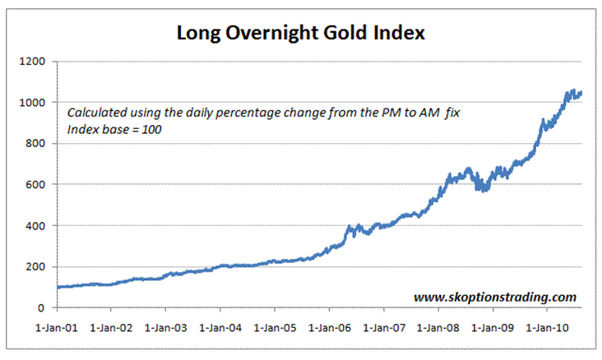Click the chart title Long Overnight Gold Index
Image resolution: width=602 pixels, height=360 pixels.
[301, 34]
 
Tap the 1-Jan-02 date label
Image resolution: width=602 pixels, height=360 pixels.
[112, 326]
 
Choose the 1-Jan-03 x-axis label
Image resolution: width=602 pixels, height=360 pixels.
[166, 326]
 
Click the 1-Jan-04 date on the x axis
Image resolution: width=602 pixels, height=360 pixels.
[220, 326]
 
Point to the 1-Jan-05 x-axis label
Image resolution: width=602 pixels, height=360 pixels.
[275, 326]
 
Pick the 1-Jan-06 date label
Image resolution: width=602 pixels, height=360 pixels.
[329, 326]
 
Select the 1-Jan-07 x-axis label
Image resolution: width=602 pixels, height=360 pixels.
[383, 326]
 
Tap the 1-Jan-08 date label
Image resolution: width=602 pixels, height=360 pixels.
[438, 326]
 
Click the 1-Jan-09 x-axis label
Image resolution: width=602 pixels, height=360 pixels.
[493, 326]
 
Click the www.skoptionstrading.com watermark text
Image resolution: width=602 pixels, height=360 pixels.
[494, 296]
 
